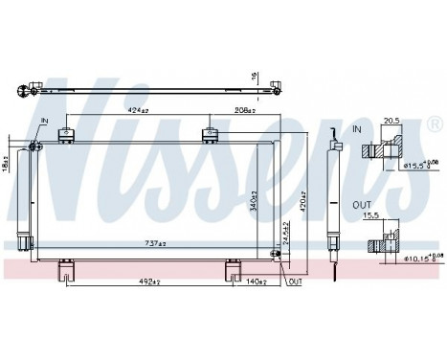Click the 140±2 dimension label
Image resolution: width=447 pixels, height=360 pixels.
(254, 281)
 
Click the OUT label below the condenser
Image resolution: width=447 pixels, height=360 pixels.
(296, 282)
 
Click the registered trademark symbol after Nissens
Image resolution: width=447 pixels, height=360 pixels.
(432, 126)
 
